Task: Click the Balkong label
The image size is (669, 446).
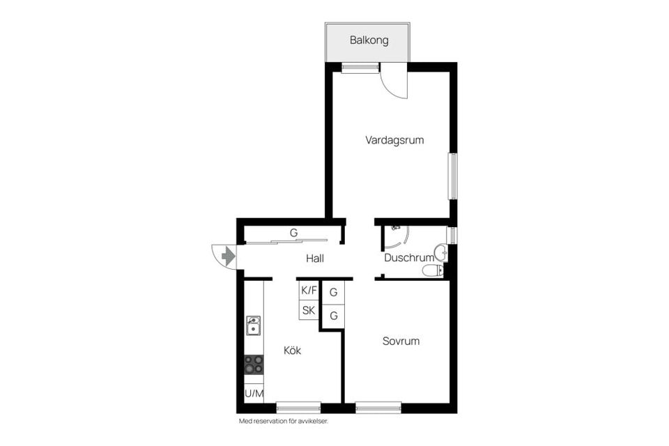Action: click(369, 40)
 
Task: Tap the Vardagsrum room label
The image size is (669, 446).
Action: click(394, 140)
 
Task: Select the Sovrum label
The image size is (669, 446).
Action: click(401, 341)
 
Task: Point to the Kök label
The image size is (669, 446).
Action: click(293, 351)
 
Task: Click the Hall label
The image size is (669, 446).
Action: click(315, 259)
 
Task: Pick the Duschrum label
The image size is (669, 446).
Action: click(409, 258)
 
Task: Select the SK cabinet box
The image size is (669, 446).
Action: click(309, 310)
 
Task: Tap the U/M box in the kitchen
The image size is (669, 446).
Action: click(254, 394)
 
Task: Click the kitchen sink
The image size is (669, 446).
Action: click(254, 325)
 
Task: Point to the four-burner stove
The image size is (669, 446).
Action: click(254, 364)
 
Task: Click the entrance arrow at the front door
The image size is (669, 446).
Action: click(227, 256)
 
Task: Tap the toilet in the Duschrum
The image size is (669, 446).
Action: click(433, 270)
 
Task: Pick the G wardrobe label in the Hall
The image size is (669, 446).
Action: click(293, 233)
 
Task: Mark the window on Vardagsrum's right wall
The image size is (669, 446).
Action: click(452, 176)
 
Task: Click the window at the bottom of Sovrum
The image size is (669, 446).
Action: click(378, 407)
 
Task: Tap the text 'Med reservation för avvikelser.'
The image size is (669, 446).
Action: click(283, 421)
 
